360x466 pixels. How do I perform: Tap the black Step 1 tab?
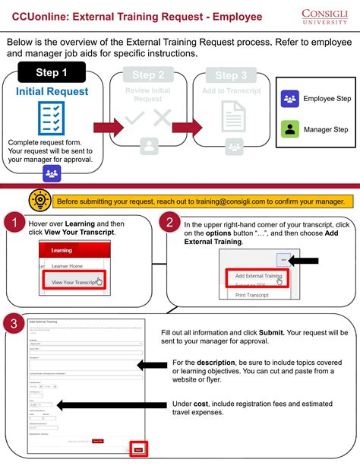tap(52, 73)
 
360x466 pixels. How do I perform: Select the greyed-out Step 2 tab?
tap(148, 75)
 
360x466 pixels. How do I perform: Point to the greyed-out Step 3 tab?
tap(226, 75)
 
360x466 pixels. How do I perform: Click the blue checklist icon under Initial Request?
tap(52, 118)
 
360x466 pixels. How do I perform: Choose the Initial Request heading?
tap(52, 92)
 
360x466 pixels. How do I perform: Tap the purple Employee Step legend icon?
tap(289, 99)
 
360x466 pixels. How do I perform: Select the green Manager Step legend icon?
tap(289, 129)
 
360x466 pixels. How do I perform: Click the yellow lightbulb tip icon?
tap(38, 200)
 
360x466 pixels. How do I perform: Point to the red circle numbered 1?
tap(11, 223)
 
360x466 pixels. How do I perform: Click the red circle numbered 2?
tap(171, 223)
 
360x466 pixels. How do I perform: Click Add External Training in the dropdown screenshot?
tap(258, 276)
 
